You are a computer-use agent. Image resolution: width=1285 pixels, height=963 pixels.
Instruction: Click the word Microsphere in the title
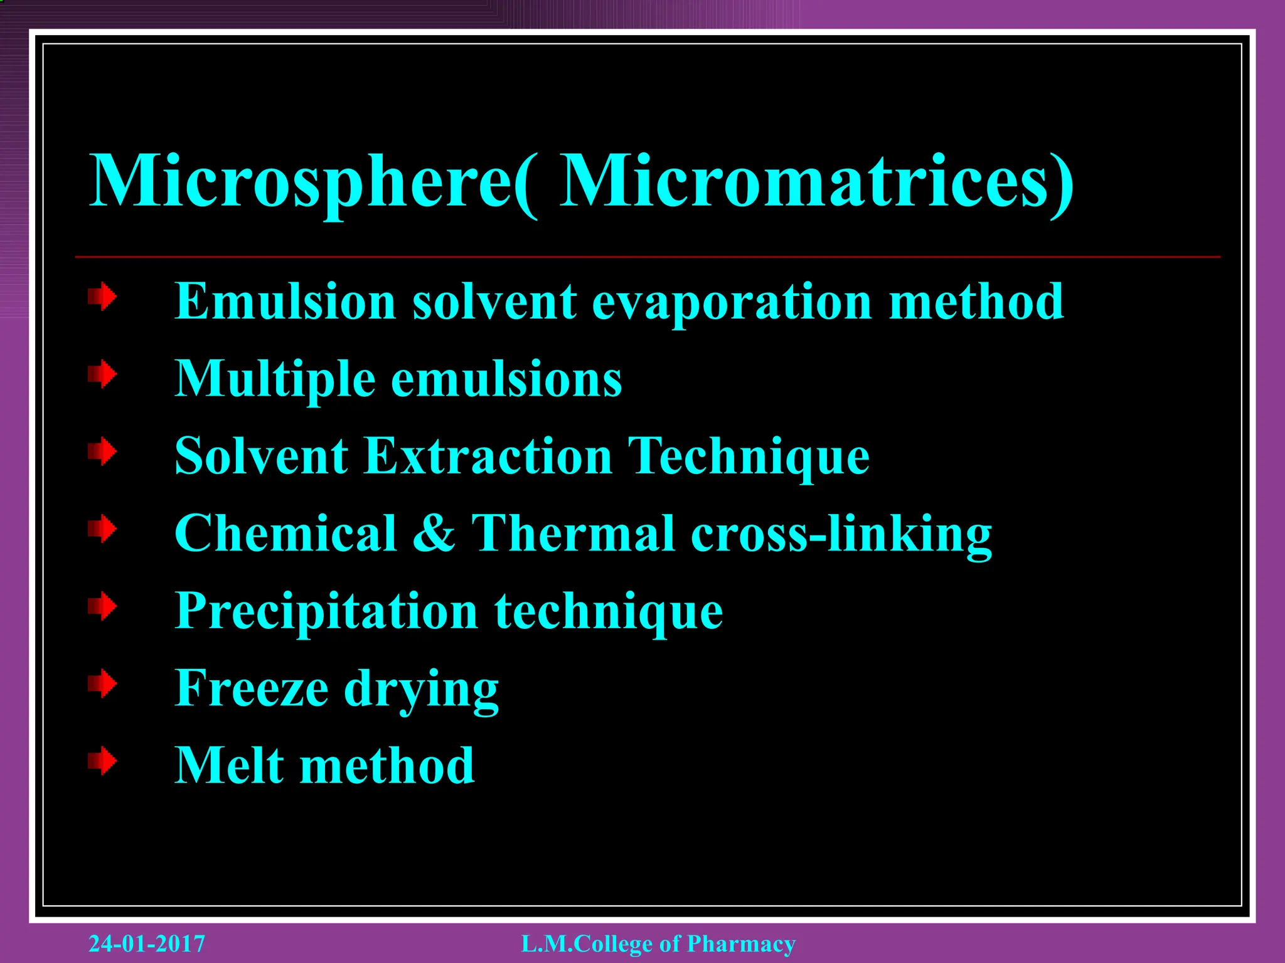[301, 182]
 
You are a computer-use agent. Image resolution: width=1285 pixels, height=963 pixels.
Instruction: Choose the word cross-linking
[841, 534]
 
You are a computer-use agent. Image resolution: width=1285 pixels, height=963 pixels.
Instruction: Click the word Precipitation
[326, 611]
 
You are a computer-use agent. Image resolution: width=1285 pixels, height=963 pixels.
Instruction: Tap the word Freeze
[251, 688]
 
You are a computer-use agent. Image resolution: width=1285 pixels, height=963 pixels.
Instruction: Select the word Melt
[229, 766]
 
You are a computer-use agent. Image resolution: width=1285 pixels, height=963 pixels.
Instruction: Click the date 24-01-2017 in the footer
[147, 944]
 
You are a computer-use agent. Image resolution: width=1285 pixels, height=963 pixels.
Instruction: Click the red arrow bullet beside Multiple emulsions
[102, 374]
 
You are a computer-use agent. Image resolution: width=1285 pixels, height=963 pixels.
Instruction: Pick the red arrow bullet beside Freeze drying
[102, 683]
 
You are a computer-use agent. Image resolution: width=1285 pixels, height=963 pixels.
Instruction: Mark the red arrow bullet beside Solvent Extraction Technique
[102, 451]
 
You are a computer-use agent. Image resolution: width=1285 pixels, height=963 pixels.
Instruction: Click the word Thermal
[573, 534]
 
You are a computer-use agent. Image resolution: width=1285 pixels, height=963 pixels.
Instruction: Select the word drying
[421, 689]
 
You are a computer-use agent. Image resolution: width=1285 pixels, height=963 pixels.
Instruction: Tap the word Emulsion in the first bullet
[285, 302]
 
